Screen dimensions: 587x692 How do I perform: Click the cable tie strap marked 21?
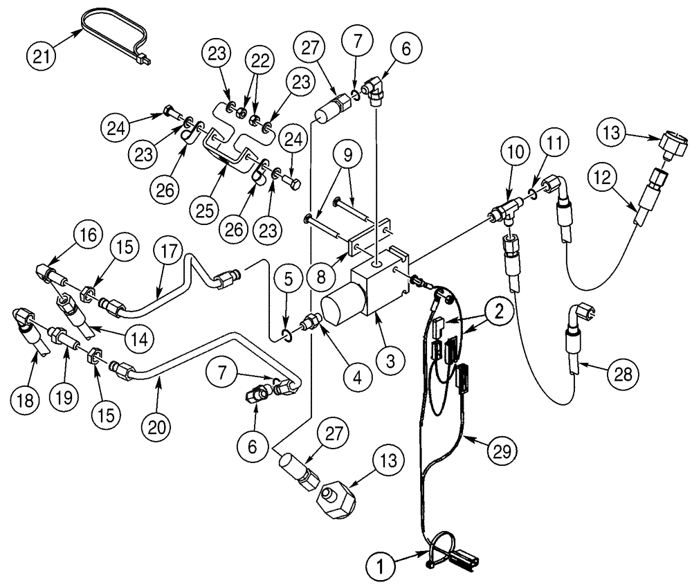(x=114, y=28)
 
